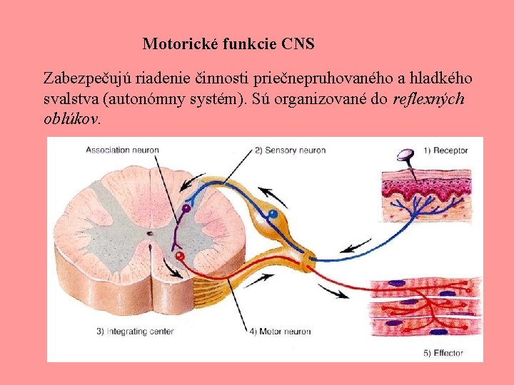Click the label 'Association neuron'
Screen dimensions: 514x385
pyautogui.click(x=122, y=150)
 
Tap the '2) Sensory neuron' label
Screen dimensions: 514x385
pyautogui.click(x=290, y=150)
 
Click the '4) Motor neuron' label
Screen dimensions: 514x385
pyautogui.click(x=280, y=331)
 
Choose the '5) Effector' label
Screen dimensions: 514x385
pyautogui.click(x=443, y=352)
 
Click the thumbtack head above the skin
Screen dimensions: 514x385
pyautogui.click(x=406, y=153)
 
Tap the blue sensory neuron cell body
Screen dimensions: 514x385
pyautogui.click(x=271, y=213)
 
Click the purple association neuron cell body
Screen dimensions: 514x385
pyautogui.click(x=186, y=209)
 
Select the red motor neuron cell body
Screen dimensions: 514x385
pyautogui.click(x=180, y=255)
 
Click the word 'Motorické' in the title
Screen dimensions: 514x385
pyautogui.click(x=181, y=44)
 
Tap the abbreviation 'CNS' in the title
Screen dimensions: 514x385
pyautogui.click(x=298, y=44)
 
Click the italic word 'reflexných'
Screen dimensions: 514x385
pyautogui.click(x=429, y=98)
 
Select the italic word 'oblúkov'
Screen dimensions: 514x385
pyautogui.click(x=71, y=118)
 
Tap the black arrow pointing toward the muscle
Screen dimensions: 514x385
pyautogui.click(x=333, y=292)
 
